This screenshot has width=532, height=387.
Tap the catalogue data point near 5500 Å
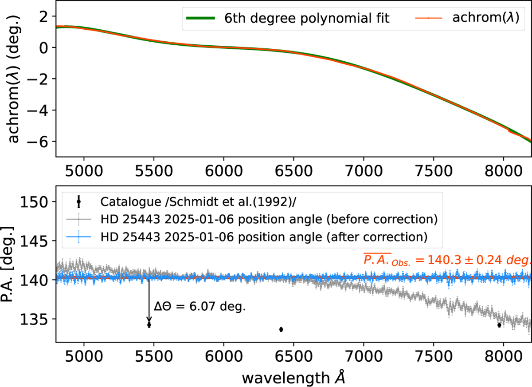click(x=149, y=325)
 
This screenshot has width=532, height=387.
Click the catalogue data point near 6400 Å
click(x=281, y=329)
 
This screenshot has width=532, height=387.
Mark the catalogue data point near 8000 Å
click(x=499, y=325)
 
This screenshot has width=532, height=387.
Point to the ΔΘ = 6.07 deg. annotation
click(x=199, y=307)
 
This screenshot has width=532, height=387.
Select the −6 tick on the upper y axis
click(x=42, y=142)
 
